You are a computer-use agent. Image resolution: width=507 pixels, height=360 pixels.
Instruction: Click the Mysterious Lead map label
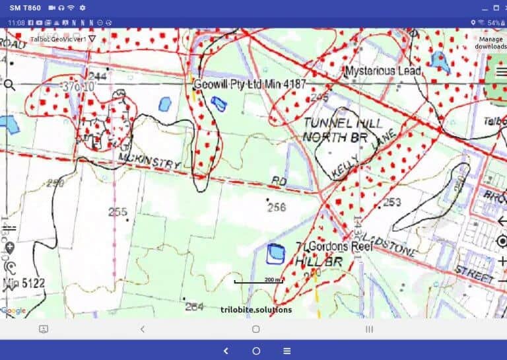click(x=380, y=71)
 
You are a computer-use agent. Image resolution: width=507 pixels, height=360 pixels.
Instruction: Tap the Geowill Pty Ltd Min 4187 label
click(x=250, y=85)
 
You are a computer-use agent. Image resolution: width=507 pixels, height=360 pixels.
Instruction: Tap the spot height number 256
click(x=277, y=207)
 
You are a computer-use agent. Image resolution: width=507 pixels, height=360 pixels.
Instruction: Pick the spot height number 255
click(x=118, y=212)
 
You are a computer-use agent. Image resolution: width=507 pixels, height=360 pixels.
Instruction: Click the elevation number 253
click(x=392, y=202)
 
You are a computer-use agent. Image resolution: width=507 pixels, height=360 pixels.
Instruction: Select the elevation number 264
click(x=194, y=306)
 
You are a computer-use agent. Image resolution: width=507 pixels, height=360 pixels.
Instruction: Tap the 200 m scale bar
click(x=259, y=281)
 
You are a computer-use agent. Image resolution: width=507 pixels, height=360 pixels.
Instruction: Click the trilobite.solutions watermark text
click(x=256, y=309)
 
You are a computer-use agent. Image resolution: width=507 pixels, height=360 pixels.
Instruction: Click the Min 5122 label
click(x=24, y=284)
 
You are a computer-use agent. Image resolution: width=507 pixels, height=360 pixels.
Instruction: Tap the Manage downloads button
click(x=492, y=42)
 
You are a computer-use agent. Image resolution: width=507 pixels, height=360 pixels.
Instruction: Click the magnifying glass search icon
click(x=9, y=85)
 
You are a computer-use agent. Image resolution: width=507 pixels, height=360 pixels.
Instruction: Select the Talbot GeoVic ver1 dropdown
click(x=63, y=39)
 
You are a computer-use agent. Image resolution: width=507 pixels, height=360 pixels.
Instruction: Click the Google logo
click(x=13, y=310)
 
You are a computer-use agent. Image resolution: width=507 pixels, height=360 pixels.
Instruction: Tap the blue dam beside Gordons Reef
click(x=275, y=253)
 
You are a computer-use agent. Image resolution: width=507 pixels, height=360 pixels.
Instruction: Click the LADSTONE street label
click(x=396, y=248)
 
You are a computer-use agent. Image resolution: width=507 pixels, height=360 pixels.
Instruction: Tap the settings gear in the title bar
click(x=83, y=8)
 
